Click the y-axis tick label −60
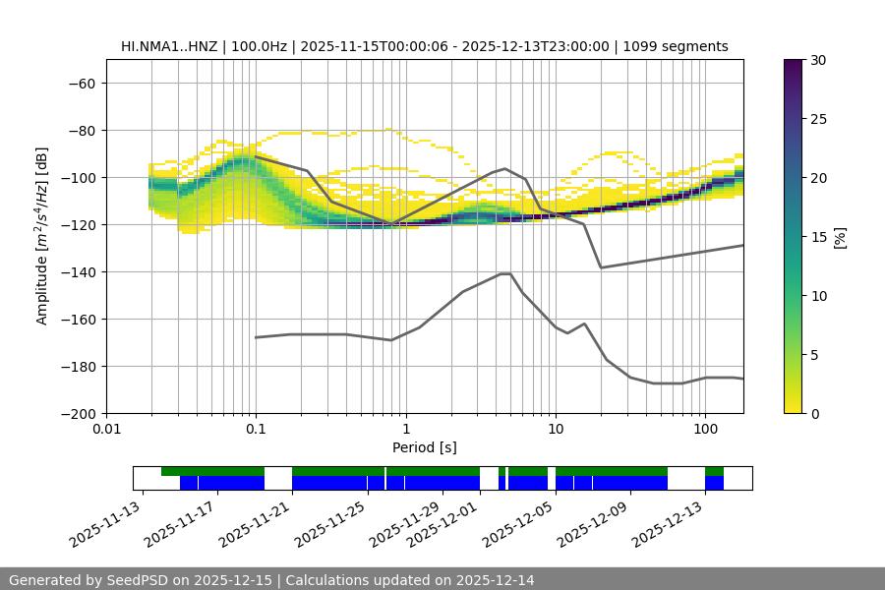pos(81,83)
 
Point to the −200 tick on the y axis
pos(77,413)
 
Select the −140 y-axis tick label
pos(77,271)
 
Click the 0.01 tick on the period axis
pos(106,430)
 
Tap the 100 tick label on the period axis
pos(704,430)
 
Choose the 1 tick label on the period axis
pos(405,430)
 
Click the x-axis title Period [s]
pos(424,447)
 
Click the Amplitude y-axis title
pos(42,236)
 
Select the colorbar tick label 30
pos(818,60)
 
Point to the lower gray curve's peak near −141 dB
pos(505,273)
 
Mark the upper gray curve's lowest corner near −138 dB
pos(601,267)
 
